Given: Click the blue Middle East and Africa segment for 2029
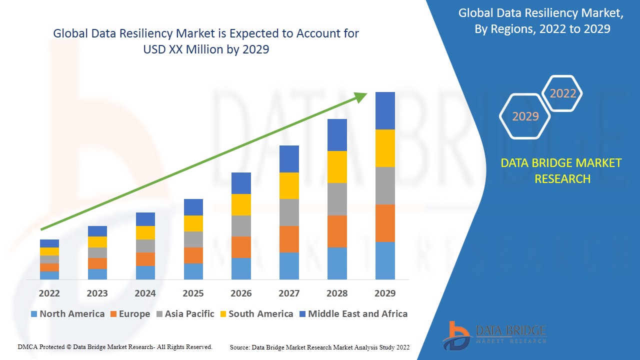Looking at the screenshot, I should point(385,110).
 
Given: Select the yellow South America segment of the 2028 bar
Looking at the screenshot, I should point(337,166).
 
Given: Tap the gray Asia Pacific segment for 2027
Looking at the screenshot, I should point(289,212).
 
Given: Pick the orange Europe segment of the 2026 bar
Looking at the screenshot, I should point(241,247).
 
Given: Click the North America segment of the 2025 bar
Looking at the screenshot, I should point(193,271).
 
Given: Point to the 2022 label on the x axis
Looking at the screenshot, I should point(49,293).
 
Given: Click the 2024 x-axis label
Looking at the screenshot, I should point(145,293).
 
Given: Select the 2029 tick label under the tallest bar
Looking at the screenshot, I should point(385,293).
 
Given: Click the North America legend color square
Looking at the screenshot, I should point(34,314).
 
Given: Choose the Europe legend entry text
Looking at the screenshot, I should point(134,314).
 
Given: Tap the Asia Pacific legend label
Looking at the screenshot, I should point(189,314).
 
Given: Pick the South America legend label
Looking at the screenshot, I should point(260,314).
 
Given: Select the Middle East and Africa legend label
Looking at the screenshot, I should point(357,314).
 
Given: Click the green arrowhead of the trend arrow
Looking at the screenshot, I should point(361,96).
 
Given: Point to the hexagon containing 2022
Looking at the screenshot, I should point(563,93).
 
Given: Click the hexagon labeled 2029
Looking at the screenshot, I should point(525,116).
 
